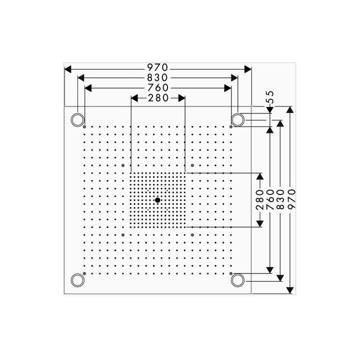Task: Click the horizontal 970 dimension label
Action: (157, 67)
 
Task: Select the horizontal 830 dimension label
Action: (157, 78)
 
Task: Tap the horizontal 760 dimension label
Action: (158, 88)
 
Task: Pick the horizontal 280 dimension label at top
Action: (158, 98)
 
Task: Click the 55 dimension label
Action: (270, 97)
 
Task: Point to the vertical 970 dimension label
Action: (291, 199)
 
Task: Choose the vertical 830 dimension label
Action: (280, 199)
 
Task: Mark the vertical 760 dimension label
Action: (270, 199)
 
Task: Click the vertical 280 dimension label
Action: (260, 199)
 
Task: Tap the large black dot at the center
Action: (157, 200)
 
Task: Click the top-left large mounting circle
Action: (77, 119)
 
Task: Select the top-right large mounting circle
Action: (237, 119)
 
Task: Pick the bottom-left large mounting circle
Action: (77, 280)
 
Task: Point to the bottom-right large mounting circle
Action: (237, 280)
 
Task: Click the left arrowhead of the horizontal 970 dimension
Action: (68, 69)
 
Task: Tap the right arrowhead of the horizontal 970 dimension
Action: (248, 69)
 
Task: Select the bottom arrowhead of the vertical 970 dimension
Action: (290, 290)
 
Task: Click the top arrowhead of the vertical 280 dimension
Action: (260, 176)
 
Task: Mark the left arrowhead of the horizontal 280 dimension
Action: (134, 98)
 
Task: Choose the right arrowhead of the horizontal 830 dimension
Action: (234, 78)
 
